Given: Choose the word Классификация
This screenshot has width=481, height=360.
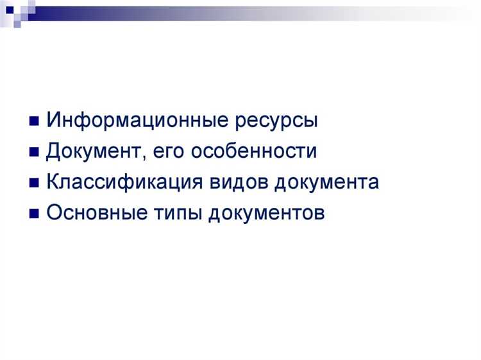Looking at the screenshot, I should coord(126,182).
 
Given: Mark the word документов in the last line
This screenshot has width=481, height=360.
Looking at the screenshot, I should coord(266,212).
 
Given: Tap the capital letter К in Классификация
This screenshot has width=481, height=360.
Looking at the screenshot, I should coord(53,182).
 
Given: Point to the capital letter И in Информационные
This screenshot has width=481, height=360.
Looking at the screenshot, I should coord(53,121).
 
